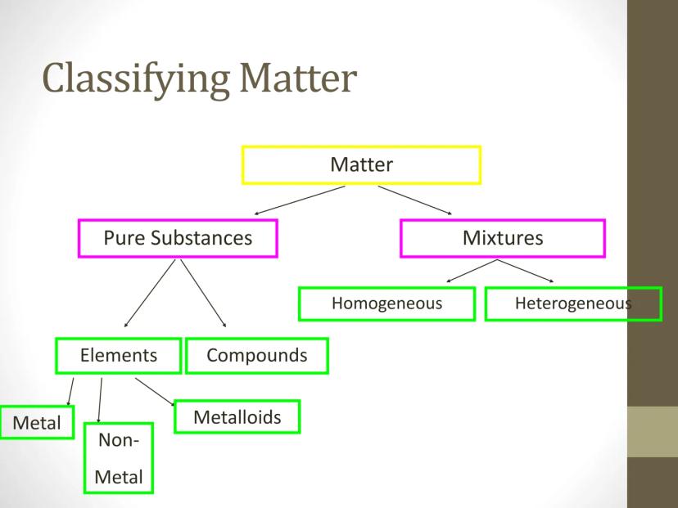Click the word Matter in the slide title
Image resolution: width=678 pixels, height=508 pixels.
coord(298,78)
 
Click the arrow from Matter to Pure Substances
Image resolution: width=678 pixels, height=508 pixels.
coord(300,200)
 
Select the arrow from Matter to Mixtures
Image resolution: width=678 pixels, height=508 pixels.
coord(415,200)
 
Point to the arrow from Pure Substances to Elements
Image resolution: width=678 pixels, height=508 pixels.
coord(150,294)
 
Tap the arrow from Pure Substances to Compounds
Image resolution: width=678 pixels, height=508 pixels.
coord(203,294)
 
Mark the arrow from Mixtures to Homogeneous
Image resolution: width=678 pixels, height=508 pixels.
coord(472,271)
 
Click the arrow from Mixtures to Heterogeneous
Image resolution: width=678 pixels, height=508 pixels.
coord(526,271)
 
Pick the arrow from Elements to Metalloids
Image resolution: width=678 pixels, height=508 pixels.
coord(155,392)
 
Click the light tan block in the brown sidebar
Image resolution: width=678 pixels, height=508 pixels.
coord(653,431)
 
